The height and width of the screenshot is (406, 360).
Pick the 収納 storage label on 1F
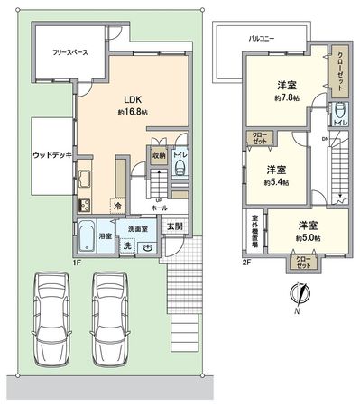[159, 154]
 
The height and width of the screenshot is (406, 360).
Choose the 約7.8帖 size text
[289, 97]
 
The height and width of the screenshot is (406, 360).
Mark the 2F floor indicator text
[245, 263]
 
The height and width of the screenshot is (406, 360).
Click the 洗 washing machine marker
[127, 245]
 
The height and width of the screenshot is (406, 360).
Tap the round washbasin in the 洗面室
[148, 245]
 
